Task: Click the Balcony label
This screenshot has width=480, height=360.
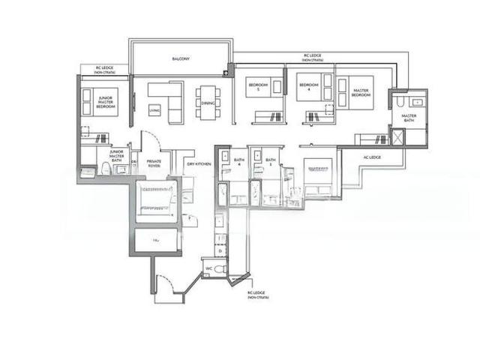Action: (x=180, y=57)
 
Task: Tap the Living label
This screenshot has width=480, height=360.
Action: (x=154, y=110)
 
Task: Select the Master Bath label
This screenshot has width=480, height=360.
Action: (x=409, y=118)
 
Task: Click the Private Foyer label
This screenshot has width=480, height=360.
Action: (x=154, y=163)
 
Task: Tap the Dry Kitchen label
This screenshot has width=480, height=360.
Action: (x=198, y=163)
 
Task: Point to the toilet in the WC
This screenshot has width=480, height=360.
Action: (x=219, y=268)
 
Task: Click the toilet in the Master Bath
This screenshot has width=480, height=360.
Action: (x=401, y=101)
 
